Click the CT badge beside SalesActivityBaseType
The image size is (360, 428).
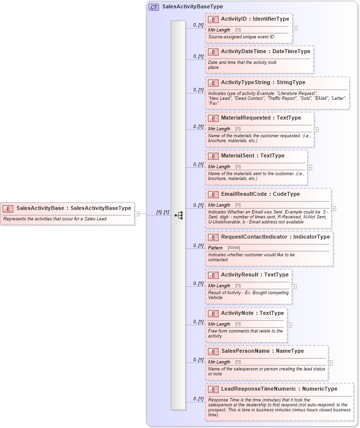pos(154,7)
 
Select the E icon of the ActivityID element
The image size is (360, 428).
pos(213,19)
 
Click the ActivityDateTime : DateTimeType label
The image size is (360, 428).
pos(265,51)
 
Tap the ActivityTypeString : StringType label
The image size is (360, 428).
pos(263,82)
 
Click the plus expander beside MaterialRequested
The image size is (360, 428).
pos(316,130)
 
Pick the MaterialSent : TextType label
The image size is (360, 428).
pos(253,155)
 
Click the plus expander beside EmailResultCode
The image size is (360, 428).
pos(334,209)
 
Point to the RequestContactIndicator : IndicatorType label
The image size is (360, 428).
pos(275,237)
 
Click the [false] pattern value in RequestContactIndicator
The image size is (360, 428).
pos(234,247)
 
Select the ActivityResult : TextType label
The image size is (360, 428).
pos(255,275)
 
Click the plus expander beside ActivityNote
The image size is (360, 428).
pos(290,325)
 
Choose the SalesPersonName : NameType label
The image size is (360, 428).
pos(262,351)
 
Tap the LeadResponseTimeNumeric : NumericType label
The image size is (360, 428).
pos(279,389)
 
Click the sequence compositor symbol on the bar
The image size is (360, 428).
pos(178,215)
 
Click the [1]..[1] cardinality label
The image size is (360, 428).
pos(163,212)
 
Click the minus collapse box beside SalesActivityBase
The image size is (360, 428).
pos(137,214)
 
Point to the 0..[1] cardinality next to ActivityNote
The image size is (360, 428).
pos(198,322)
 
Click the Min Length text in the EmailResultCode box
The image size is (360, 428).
pos(219,205)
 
